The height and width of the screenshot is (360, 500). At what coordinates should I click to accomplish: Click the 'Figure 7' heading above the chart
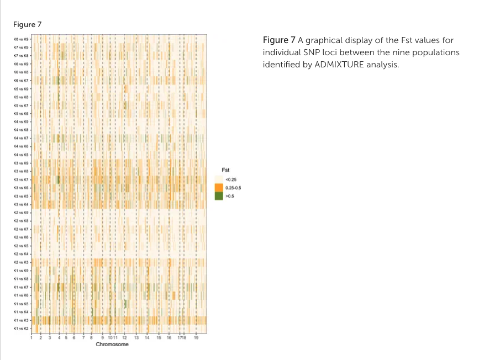coord(27,24)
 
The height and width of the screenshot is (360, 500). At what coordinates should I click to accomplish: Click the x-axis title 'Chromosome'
coord(112,345)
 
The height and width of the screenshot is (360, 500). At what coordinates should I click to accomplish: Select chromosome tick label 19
coord(196,337)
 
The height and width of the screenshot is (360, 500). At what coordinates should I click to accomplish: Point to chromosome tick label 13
coord(136,337)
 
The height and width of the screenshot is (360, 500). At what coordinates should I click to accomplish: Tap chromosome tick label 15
coord(159,337)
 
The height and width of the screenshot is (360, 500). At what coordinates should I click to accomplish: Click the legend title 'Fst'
coord(225,170)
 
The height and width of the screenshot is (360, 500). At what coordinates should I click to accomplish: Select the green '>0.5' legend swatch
coord(219,195)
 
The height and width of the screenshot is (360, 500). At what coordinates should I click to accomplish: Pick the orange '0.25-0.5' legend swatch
coord(219,188)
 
